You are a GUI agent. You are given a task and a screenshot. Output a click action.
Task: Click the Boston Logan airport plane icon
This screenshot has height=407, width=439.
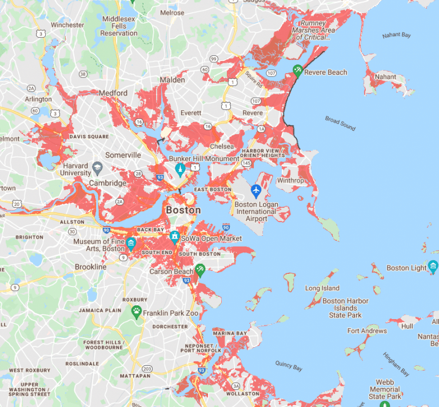pos(256,190)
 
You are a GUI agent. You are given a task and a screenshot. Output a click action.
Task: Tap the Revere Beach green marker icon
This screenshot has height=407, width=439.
pos(297,70)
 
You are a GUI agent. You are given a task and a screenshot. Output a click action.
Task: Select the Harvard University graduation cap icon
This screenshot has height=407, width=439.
pos(98,168)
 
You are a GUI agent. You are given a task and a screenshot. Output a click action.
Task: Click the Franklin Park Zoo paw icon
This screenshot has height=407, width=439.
pos(136,312)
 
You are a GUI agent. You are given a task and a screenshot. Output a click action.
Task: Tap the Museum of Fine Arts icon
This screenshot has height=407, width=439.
pos(132,244)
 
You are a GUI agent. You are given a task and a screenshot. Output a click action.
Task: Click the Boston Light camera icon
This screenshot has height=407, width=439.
pos(433,267)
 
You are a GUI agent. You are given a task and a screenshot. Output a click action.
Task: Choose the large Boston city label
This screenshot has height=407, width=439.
pos(183,210)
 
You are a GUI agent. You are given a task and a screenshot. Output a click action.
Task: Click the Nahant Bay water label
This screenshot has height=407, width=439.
pos(397,35)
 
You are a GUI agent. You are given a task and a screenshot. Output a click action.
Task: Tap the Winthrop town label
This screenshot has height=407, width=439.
pos(292,181)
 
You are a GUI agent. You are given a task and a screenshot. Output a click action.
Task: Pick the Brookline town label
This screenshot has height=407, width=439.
pos(91,267)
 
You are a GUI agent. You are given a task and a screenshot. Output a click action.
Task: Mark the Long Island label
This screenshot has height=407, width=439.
pos(322,288)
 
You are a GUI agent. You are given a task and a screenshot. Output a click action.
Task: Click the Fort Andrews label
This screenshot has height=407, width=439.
pos(367,331)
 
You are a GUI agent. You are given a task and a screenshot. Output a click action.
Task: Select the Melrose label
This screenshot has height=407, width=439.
pos(172,13)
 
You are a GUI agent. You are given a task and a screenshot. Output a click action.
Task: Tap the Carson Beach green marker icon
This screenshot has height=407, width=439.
pos(199,269)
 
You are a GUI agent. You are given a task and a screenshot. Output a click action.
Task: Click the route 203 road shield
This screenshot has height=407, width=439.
pos(147,369)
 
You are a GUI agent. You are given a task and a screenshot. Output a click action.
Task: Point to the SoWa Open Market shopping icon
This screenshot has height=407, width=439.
pos(174,237)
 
